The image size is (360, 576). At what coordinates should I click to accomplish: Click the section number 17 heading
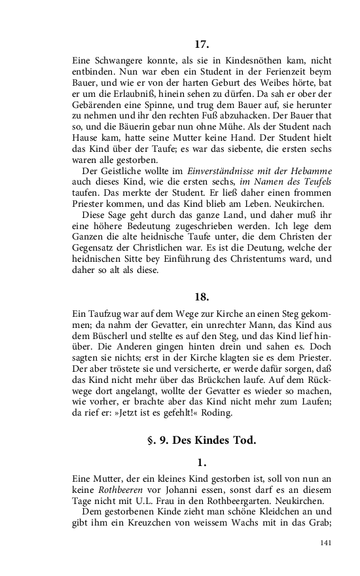click(202, 45)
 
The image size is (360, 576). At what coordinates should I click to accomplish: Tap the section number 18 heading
click(202, 296)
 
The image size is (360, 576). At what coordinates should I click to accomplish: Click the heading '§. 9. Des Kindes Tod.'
click(202, 440)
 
